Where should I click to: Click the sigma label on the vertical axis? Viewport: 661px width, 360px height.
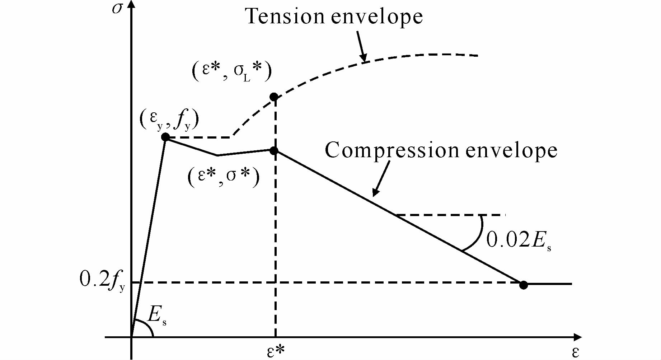pyautogui.click(x=117, y=8)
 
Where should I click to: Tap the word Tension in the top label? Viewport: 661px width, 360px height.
pyautogui.click(x=285, y=17)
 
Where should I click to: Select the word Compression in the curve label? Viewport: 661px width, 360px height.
pyautogui.click(x=392, y=150)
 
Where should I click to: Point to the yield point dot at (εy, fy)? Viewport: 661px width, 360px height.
pyautogui.click(x=165, y=137)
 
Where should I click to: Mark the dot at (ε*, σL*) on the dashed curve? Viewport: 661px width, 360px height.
pyautogui.click(x=274, y=97)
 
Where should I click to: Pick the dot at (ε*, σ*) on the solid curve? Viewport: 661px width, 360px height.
pyautogui.click(x=274, y=151)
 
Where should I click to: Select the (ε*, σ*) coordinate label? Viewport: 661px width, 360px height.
pyautogui.click(x=223, y=177)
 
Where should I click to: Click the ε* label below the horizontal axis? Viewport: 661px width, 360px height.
pyautogui.click(x=276, y=351)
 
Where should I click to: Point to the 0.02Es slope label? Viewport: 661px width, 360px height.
pyautogui.click(x=518, y=240)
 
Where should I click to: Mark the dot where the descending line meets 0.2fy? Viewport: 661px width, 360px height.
pyautogui.click(x=524, y=285)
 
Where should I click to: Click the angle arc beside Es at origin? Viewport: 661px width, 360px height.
pyautogui.click(x=148, y=327)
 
